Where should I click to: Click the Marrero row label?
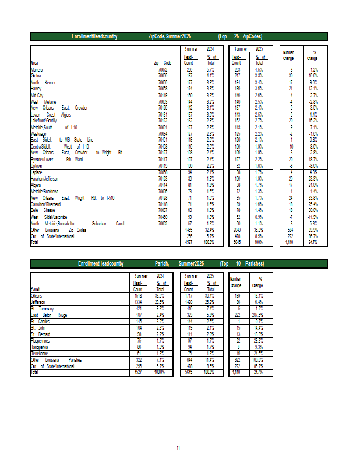point(37,69)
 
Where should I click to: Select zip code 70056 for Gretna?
point(163,76)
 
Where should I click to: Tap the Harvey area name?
point(36,89)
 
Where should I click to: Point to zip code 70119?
point(163,95)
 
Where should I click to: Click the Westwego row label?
point(38,133)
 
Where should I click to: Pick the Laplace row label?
point(37,172)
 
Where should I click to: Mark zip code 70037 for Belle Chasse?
point(163,210)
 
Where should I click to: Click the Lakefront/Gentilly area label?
point(44,121)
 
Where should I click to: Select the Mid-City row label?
point(37,95)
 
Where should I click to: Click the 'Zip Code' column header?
point(163,63)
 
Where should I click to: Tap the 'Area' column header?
point(35,63)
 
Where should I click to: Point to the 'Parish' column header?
point(36,289)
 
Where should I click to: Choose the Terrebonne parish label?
point(40,353)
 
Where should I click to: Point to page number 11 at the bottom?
point(178,447)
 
